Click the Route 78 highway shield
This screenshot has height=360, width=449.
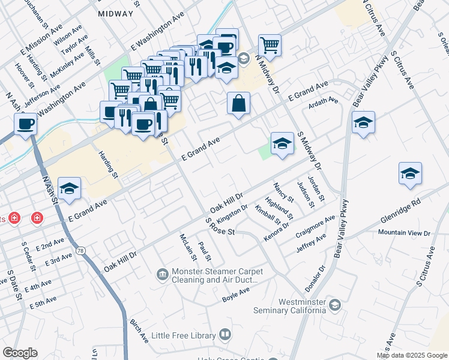tap(79, 248)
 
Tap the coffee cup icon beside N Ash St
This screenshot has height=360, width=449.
tap(25, 124)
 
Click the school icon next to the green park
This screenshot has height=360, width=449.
tap(282, 143)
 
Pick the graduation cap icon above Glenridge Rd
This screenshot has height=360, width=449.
tap(410, 173)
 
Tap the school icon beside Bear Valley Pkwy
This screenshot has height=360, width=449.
tap(363, 123)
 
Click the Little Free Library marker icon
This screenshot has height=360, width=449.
tap(225, 334)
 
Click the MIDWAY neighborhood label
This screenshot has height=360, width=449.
tap(115, 13)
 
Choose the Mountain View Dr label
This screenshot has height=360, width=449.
tap(404, 232)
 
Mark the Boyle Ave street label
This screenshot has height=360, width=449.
tap(235, 294)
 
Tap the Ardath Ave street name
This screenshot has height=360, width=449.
tap(324, 101)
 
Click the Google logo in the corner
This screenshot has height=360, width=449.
tap(20, 353)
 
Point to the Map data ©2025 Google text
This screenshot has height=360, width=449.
tap(411, 355)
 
